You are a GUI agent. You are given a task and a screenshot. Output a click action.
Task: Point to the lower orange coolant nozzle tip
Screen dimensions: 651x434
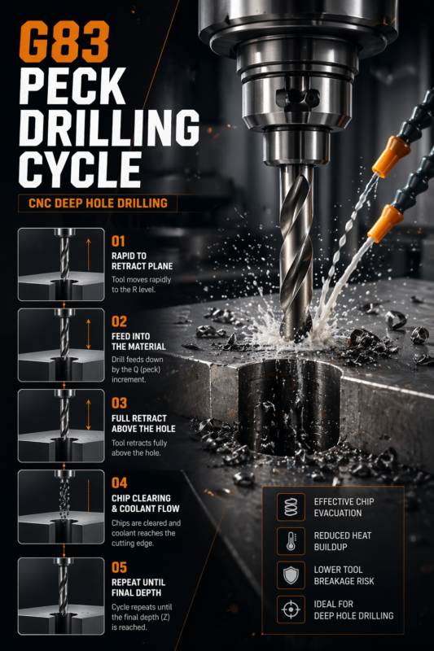pos(383,221)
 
